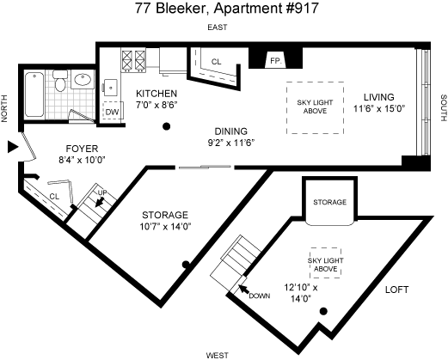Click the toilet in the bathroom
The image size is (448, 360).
(60, 81)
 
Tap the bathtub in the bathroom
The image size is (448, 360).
(34, 95)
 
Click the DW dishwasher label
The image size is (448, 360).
(112, 112)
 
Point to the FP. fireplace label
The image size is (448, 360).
(276, 61)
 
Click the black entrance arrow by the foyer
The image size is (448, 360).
(13, 147)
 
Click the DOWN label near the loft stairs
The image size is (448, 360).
(260, 296)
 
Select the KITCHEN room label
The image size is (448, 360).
(156, 94)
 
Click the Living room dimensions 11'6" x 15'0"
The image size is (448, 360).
(379, 108)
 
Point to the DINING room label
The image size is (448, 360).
(231, 131)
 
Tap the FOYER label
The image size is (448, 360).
(82, 149)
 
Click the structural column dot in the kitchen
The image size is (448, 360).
(167, 126)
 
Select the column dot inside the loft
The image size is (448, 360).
(323, 311)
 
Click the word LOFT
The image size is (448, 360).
(396, 290)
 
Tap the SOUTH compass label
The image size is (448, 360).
(444, 108)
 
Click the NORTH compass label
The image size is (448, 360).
(4, 108)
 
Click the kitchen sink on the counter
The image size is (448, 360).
(110, 88)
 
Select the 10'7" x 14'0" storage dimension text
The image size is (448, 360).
(165, 227)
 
